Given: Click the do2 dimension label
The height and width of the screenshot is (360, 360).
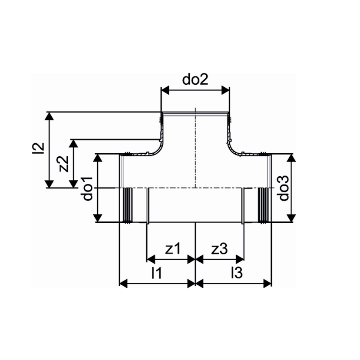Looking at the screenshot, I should pyautogui.click(x=195, y=79).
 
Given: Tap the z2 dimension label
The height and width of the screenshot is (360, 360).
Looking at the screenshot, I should pyautogui.click(x=63, y=164).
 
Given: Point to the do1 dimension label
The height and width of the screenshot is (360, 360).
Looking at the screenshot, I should pyautogui.click(x=88, y=189).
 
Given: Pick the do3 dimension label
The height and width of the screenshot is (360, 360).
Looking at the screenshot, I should pyautogui.click(x=284, y=189).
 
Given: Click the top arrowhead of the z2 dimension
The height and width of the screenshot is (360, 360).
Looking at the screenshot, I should pyautogui.click(x=74, y=143).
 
